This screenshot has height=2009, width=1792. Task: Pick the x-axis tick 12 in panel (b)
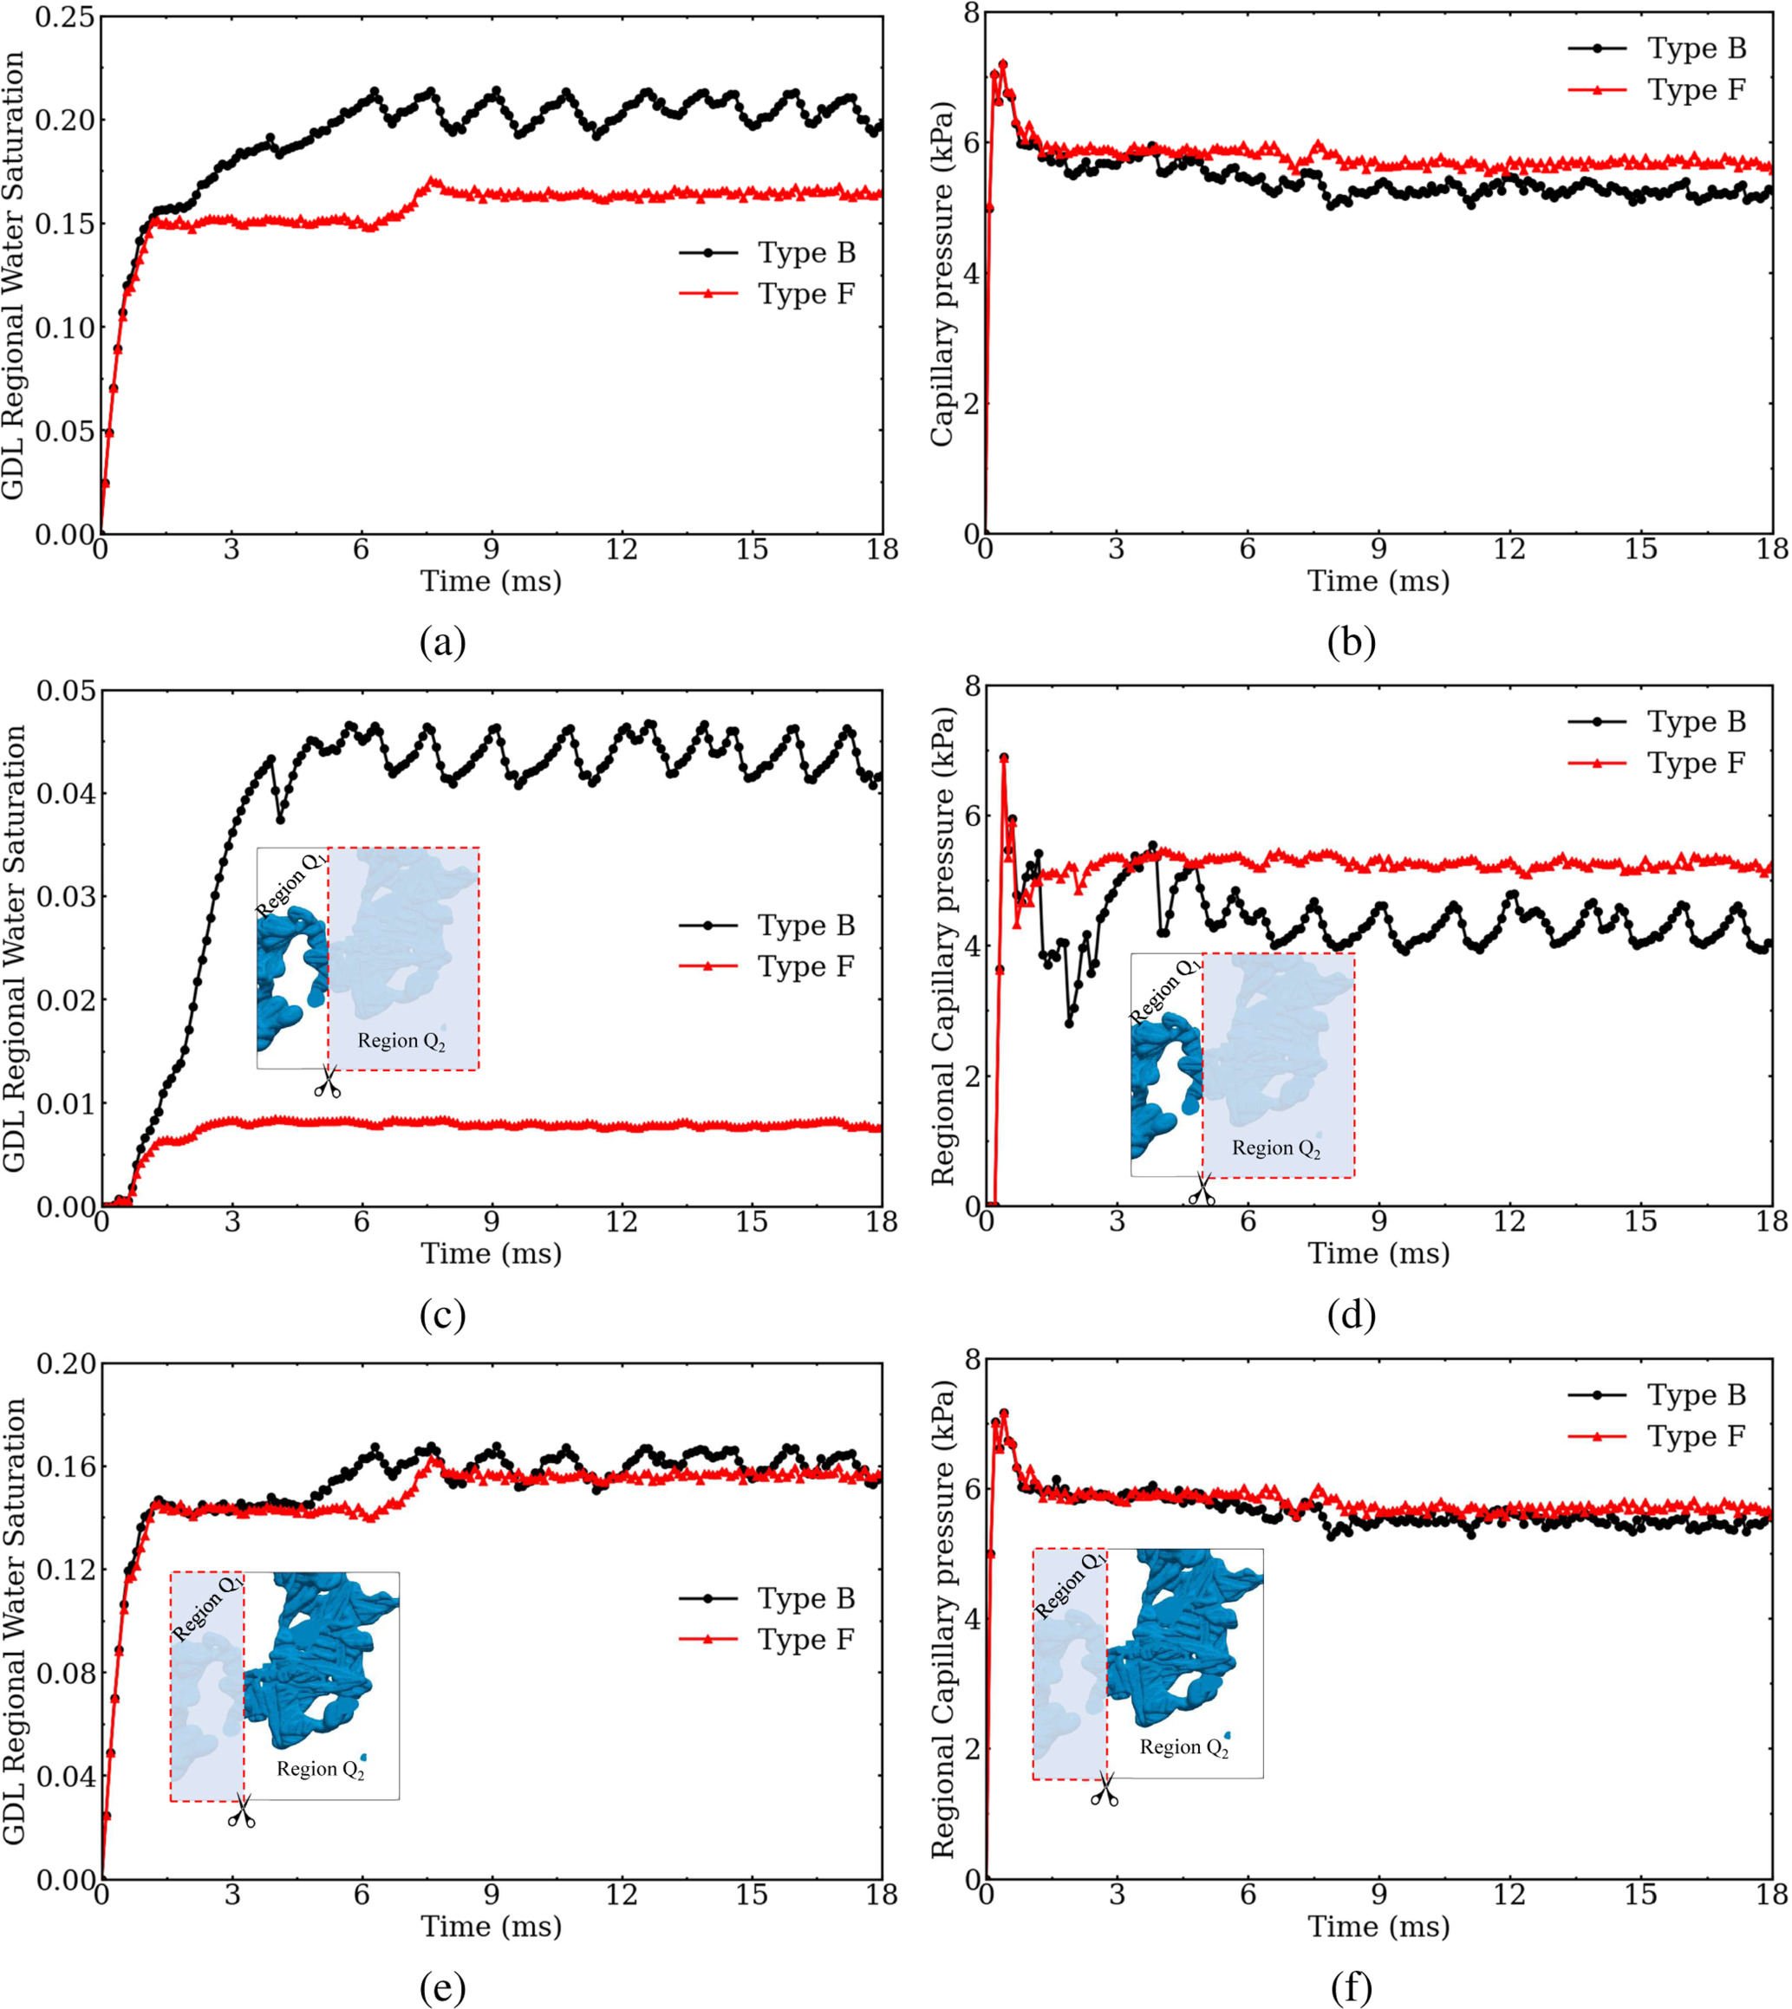(x=1509, y=549)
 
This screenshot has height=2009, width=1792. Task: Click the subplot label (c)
(x=442, y=1315)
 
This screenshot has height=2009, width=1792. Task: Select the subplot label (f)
(x=1351, y=1988)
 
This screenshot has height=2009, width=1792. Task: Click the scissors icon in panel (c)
(x=327, y=1082)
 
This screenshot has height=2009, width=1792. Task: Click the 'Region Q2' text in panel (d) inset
(x=1275, y=1148)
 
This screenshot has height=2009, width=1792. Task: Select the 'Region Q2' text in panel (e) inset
(x=320, y=1769)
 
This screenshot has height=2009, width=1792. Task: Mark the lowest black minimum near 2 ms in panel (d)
(x=1069, y=1023)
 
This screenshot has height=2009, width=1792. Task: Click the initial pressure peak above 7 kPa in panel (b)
(x=1002, y=65)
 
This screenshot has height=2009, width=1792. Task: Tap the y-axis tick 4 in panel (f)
(x=973, y=1619)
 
